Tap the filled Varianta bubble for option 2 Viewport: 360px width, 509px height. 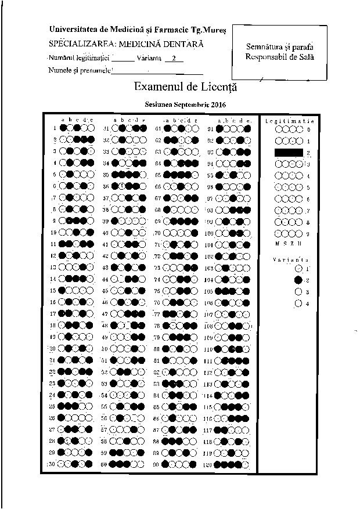[298, 280]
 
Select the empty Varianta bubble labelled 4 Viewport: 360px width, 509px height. [298, 303]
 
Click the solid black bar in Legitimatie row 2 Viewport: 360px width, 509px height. [289, 153]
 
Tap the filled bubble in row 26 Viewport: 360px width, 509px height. [69, 418]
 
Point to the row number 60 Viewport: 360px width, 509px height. [105, 464]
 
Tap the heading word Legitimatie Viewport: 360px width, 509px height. [289, 121]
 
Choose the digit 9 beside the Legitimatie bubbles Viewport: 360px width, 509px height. [308, 233]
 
